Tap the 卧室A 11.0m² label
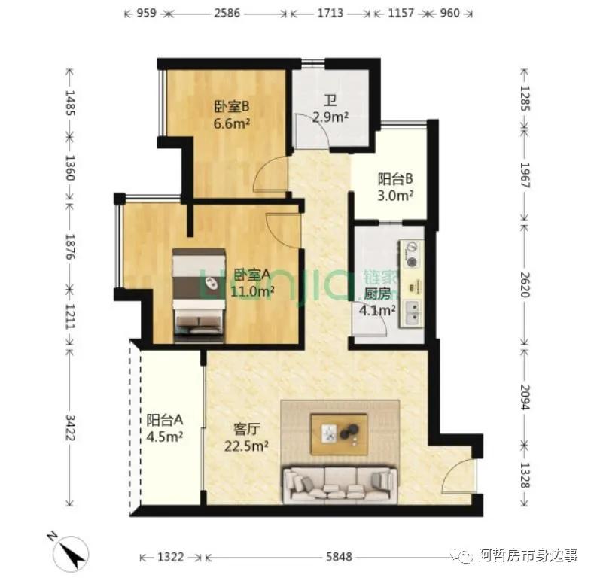(253, 281)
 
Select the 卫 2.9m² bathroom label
(330, 108)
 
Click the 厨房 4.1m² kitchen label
(380, 301)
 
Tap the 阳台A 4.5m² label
(165, 428)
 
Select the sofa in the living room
(339, 484)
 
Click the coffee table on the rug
(340, 434)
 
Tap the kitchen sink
(413, 313)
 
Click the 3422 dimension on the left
(69, 428)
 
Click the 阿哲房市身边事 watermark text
(528, 556)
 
